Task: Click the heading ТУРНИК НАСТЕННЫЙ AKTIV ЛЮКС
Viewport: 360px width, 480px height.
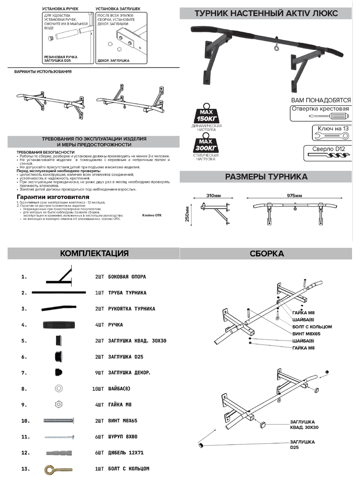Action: coord(266,13)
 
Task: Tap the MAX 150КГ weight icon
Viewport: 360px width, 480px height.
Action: coord(207,114)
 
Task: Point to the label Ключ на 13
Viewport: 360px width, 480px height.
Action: coord(333,128)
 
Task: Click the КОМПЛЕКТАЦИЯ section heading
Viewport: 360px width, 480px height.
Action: coord(94,253)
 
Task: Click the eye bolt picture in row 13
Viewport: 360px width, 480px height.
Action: coord(58,468)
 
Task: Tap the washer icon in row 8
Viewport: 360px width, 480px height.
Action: coord(58,388)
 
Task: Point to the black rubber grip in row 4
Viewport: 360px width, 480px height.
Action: coord(58,324)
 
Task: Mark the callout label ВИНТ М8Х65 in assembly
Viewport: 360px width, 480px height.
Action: coord(306,333)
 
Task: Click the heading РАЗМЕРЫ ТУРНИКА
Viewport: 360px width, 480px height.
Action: coord(266,176)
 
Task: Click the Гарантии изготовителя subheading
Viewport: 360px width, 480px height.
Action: coord(52,197)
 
